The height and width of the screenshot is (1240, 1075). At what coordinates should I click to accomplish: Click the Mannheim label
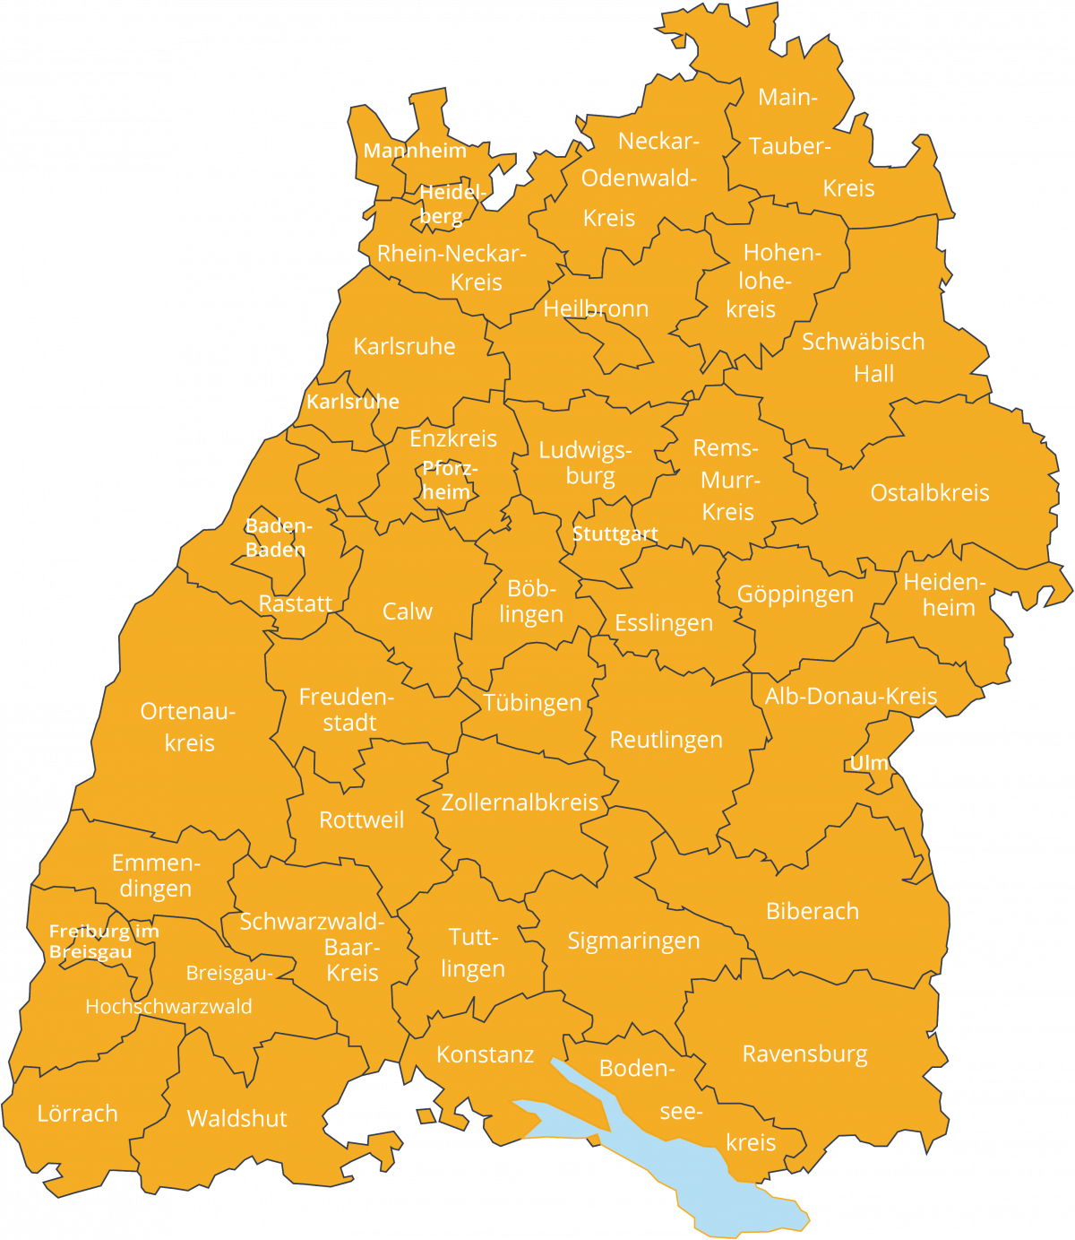(415, 151)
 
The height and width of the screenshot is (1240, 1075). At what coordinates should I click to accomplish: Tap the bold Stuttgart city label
(615, 534)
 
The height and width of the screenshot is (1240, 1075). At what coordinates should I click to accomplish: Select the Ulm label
(868, 763)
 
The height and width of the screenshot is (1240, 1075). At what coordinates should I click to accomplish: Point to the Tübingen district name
(532, 703)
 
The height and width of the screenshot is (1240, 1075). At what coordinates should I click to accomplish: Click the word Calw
(407, 611)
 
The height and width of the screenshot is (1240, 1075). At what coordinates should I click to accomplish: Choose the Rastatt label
(295, 603)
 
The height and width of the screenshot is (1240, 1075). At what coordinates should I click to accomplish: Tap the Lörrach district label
(77, 1114)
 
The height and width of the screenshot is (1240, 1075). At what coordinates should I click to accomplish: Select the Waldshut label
(236, 1118)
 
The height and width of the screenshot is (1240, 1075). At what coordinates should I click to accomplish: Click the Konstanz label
(485, 1054)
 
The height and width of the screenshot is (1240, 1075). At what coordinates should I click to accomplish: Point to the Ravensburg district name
(804, 1054)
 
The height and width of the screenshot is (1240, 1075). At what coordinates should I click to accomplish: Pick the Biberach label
(812, 911)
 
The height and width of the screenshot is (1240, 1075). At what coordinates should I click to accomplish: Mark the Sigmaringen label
(633, 941)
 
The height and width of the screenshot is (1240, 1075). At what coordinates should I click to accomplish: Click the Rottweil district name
(361, 819)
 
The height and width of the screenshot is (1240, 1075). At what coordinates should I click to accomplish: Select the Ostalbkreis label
(929, 492)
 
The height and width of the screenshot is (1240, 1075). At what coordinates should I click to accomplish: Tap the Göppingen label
(795, 594)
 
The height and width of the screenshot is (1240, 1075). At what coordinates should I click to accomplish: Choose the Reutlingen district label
(666, 740)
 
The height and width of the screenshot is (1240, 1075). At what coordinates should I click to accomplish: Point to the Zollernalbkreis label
(520, 802)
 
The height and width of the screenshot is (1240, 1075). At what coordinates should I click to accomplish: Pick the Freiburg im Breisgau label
(103, 941)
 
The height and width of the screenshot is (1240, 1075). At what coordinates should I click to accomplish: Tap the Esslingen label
(663, 622)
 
